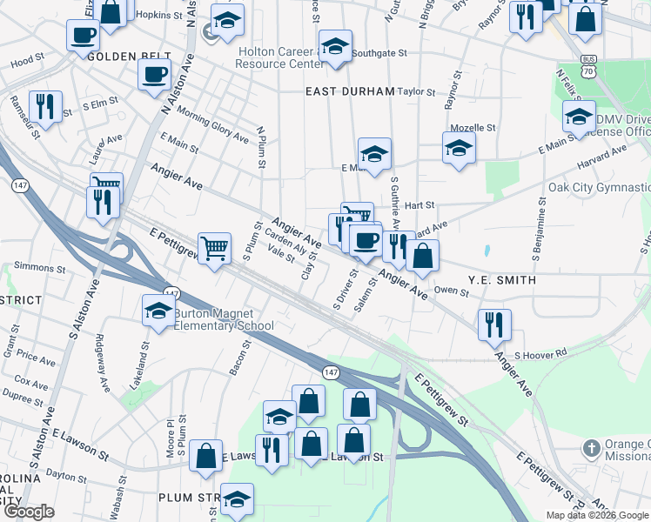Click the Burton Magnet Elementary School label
tap(224, 319)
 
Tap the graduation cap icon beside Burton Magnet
tap(158, 311)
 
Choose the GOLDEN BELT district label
tap(123, 57)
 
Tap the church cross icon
tap(591, 449)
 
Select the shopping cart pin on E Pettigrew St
tap(213, 248)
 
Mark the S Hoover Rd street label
tap(540, 354)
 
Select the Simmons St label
tap(34, 266)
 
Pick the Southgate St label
tap(379, 53)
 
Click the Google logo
tap(28, 512)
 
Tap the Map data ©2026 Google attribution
tap(597, 515)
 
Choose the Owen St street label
tap(451, 292)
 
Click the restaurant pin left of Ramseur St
tap(44, 107)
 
